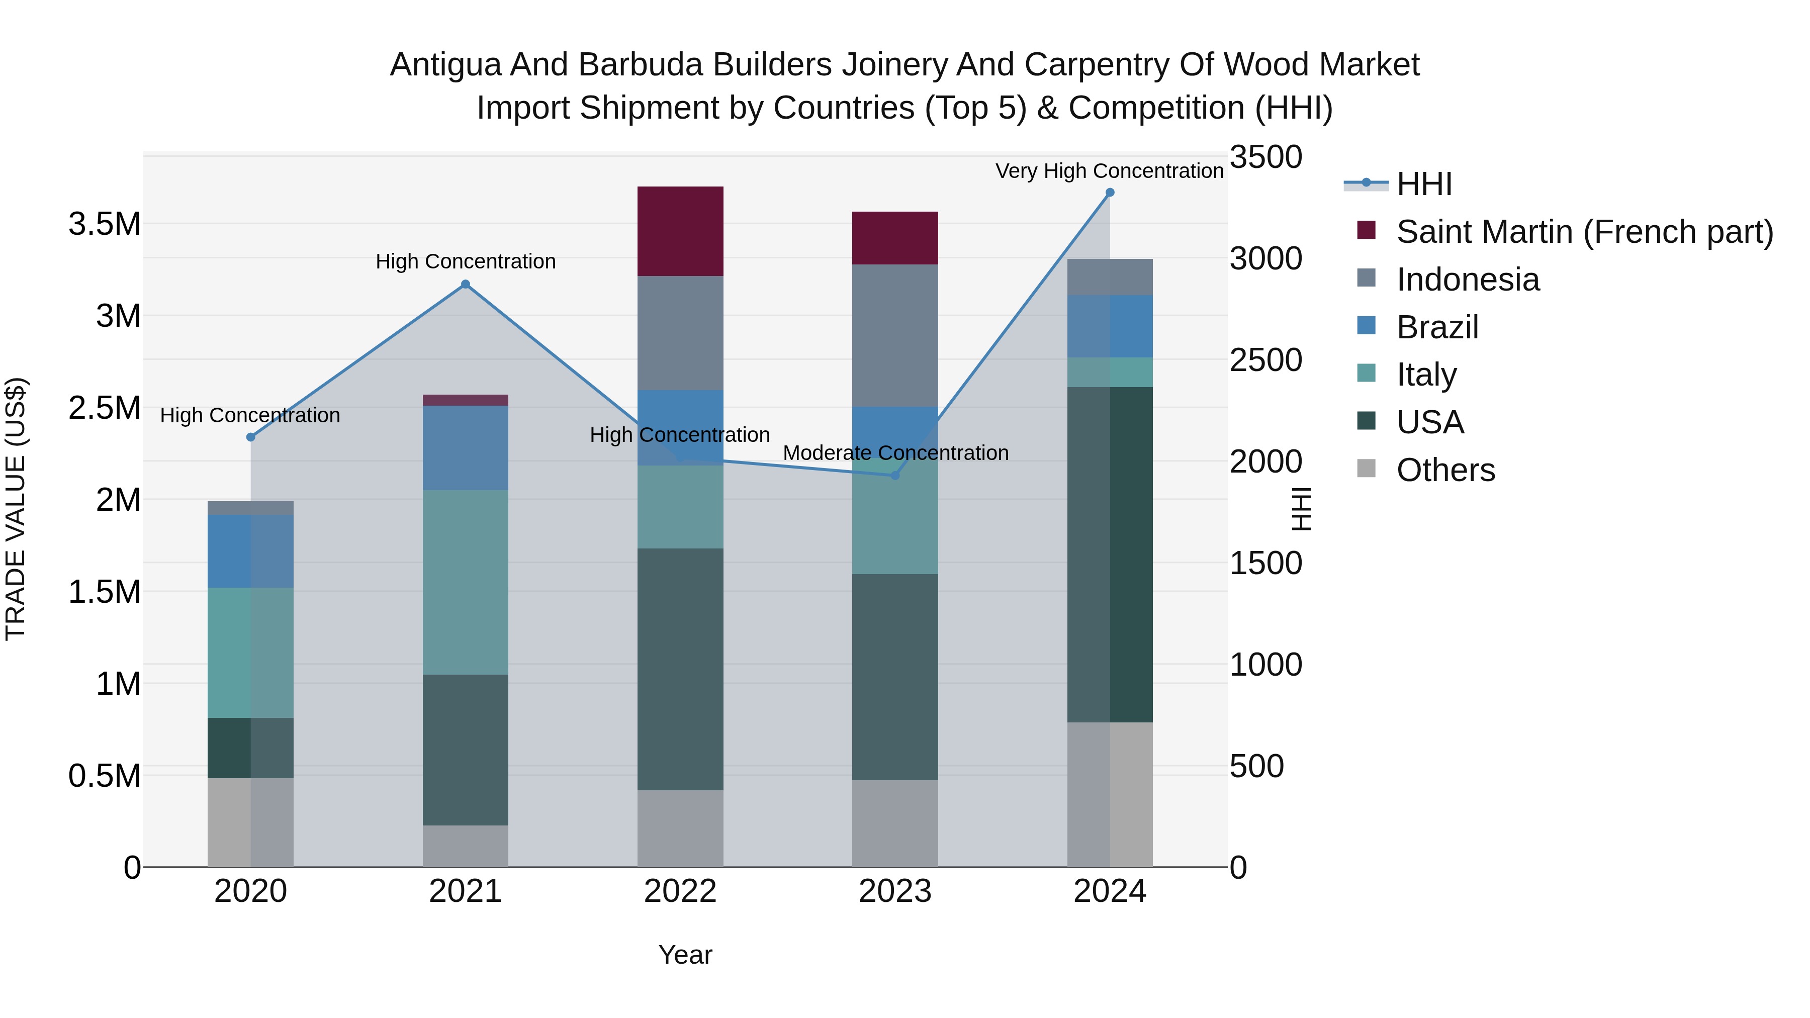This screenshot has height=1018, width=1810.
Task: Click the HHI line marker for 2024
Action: [x=1110, y=193]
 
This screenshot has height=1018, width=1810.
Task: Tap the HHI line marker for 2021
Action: [x=465, y=285]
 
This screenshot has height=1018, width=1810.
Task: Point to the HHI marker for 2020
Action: [x=251, y=437]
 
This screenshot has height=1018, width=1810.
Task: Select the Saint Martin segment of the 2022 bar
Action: [x=680, y=231]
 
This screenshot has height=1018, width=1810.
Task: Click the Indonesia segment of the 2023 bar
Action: [x=894, y=335]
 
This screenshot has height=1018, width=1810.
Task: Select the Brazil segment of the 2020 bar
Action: [x=251, y=551]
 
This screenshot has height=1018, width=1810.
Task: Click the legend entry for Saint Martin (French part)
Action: [x=1584, y=232]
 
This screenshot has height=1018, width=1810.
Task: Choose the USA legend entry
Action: [x=1430, y=422]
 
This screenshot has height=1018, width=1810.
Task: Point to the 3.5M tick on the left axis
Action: [x=105, y=225]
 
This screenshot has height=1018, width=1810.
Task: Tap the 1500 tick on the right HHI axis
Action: [x=1265, y=564]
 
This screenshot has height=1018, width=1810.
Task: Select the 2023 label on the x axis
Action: [x=894, y=891]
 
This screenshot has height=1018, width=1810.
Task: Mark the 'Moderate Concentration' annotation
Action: [x=895, y=453]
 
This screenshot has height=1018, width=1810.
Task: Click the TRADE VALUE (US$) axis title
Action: [x=16, y=509]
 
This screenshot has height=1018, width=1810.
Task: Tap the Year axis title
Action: [x=685, y=955]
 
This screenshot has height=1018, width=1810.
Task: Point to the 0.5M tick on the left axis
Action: [x=105, y=776]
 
